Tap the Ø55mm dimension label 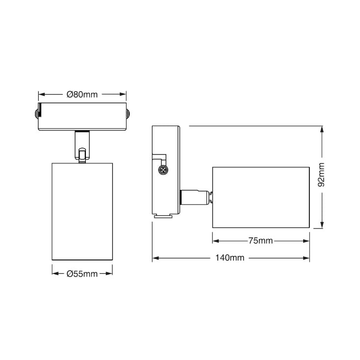[82, 274]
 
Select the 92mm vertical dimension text [322, 175]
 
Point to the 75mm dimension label [260, 241]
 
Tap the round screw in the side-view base [162, 170]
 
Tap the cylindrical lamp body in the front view [82, 211]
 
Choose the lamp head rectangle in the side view [260, 197]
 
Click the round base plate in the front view [82, 117]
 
